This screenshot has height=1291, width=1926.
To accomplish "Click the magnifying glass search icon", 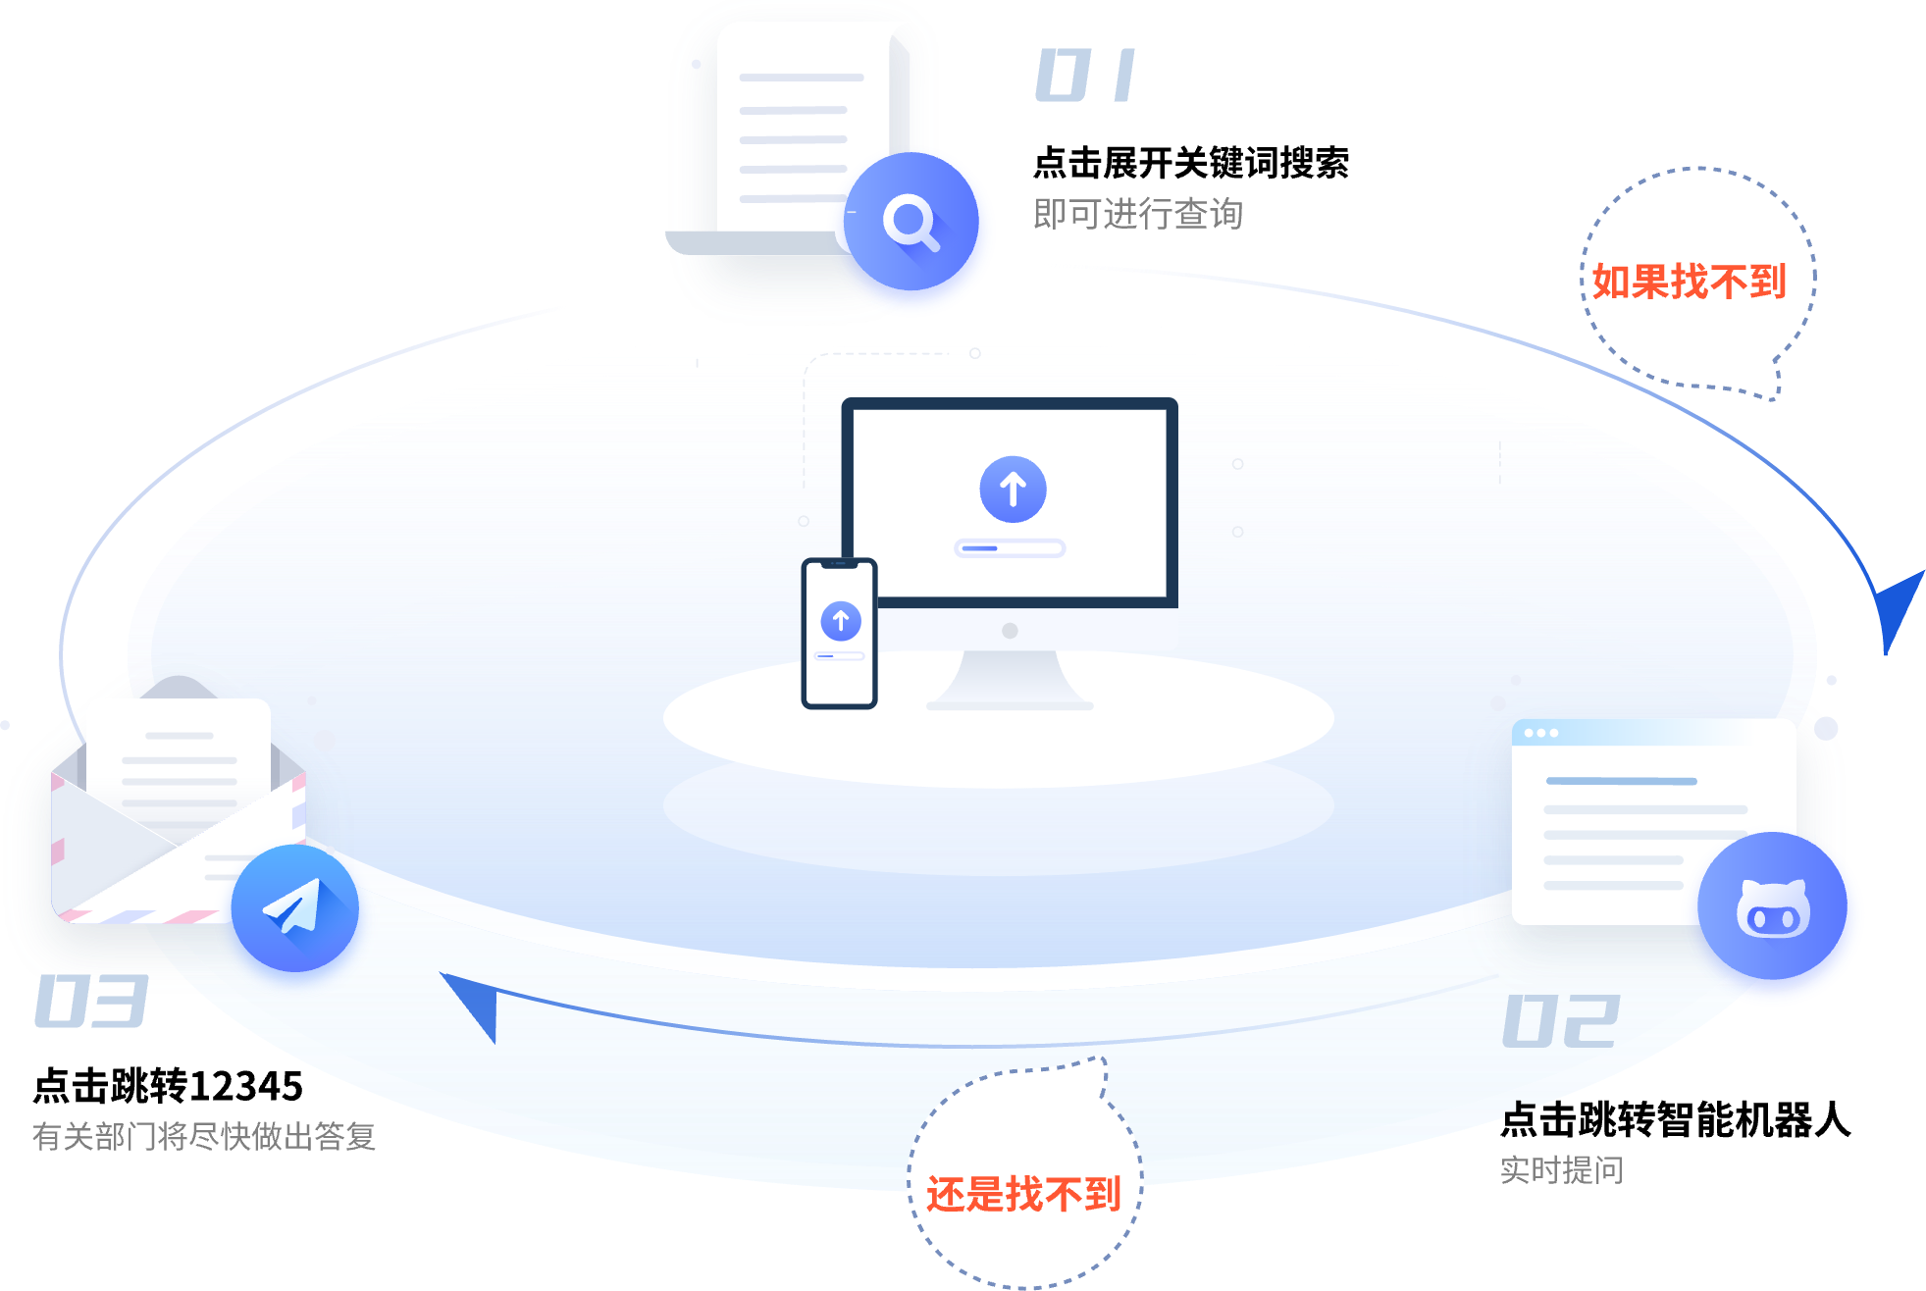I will (911, 223).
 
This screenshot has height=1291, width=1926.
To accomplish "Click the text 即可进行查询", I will (1138, 214).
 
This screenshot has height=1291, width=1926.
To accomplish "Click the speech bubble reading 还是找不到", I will (1023, 1193).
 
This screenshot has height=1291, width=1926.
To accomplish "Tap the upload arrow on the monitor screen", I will (1013, 489).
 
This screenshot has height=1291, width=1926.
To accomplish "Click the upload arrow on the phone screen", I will (841, 621).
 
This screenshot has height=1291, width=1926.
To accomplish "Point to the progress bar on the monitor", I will (1010, 548).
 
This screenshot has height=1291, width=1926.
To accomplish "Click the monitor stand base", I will (1010, 702).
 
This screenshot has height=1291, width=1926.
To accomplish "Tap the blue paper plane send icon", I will (294, 908).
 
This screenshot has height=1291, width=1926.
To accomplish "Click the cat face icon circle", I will (1773, 907).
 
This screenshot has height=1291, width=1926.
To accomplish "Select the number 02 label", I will (1561, 1021).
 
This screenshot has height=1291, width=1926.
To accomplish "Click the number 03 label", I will (90, 1002).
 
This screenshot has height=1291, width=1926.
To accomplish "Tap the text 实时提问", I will (1561, 1170).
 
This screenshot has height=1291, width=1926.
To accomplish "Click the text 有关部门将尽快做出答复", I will (204, 1136).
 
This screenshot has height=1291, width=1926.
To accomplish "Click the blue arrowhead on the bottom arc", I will (476, 1001).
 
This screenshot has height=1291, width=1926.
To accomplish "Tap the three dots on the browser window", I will (1541, 733).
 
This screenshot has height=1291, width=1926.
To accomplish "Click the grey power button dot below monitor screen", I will (1010, 631).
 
